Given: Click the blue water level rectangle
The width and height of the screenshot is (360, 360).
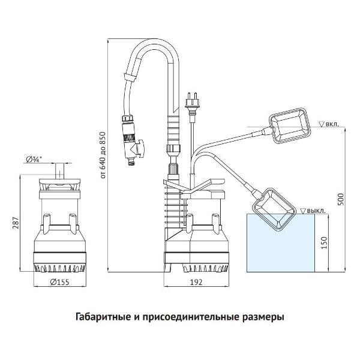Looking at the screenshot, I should (x=282, y=246).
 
